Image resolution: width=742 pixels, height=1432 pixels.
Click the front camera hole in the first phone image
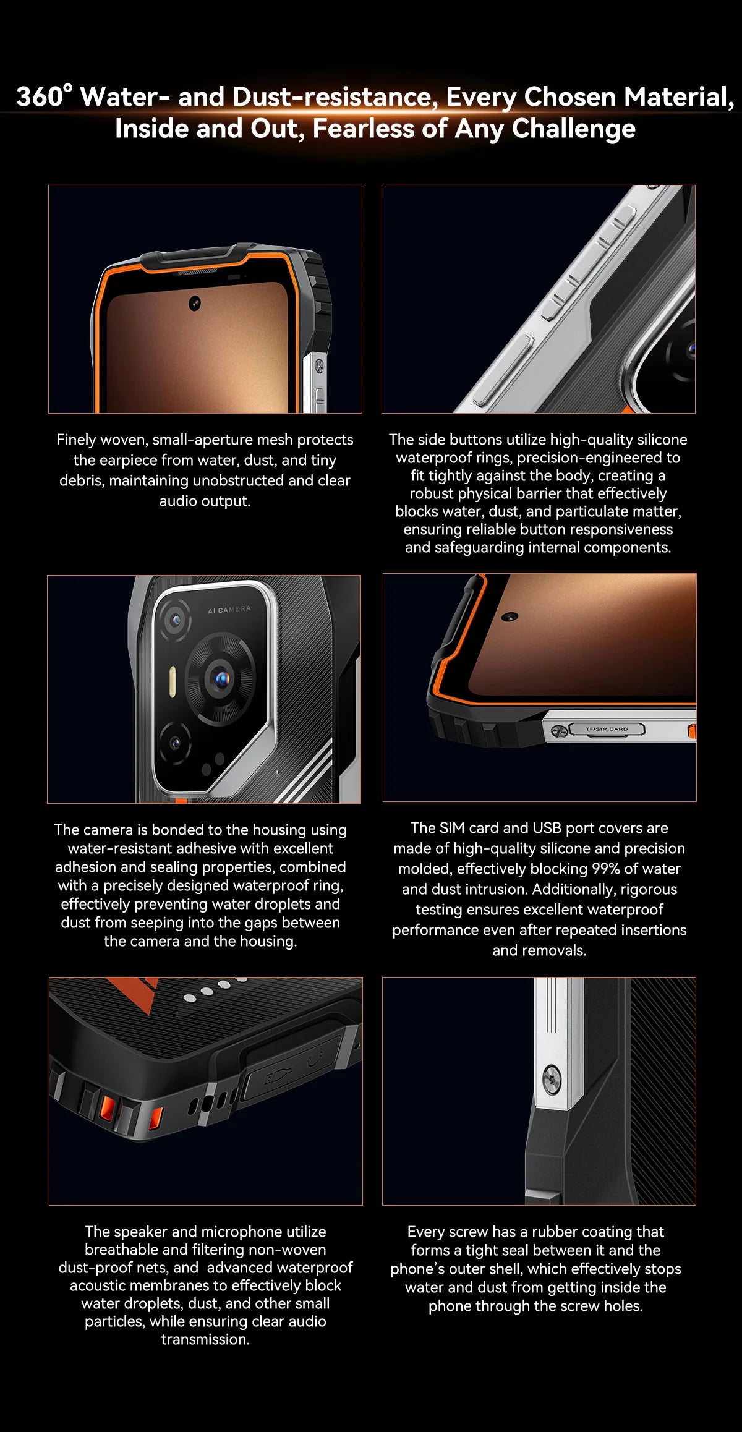[x=195, y=303]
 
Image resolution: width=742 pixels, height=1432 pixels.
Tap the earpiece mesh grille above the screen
[x=196, y=272]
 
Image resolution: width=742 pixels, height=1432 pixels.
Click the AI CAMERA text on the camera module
[x=229, y=610]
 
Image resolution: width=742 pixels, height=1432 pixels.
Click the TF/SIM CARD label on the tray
[x=606, y=729]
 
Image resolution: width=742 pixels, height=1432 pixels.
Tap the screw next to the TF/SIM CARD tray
[x=558, y=731]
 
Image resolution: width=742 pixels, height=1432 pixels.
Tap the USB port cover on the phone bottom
[x=291, y=1069]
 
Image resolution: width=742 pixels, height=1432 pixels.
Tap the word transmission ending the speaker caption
[x=205, y=1339]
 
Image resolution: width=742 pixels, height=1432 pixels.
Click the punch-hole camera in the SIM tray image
[x=510, y=616]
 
